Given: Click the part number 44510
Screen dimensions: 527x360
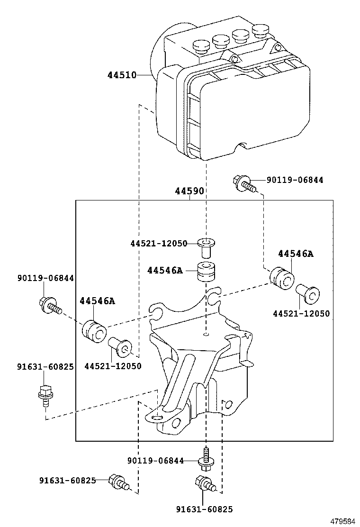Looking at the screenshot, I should [x=122, y=75].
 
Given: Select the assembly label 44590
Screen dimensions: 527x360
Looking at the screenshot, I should [x=189, y=191].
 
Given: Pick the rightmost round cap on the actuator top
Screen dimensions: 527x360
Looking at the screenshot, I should [x=260, y=31].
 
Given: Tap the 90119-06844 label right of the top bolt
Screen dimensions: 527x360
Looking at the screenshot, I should [x=295, y=180].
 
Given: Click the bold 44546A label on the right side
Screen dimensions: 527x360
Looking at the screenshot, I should [x=296, y=254].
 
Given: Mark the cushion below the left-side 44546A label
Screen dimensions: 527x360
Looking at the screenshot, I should [x=93, y=331].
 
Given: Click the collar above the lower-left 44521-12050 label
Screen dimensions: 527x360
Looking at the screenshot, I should [x=120, y=348].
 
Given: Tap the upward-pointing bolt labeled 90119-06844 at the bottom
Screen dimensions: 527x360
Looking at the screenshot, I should [x=206, y=459].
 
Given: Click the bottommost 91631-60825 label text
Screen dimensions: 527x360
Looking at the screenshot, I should [x=204, y=509].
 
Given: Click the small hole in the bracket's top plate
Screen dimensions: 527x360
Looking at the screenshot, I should [x=206, y=335].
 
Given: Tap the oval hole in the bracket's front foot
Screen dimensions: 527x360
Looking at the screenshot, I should [x=157, y=417].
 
